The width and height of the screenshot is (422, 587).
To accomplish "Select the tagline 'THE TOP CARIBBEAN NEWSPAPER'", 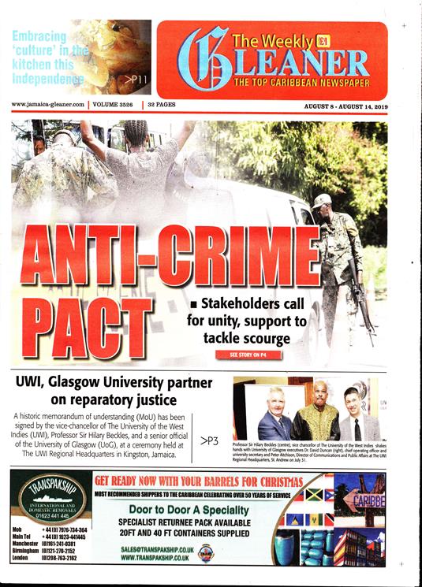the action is point(301,82).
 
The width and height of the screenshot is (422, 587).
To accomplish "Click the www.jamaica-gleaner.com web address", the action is point(49,104).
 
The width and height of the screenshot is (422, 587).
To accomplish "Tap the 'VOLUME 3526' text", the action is point(114,104).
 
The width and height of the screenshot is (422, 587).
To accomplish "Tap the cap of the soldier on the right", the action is point(321,200).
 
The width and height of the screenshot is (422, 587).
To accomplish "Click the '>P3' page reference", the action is point(210,440).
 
